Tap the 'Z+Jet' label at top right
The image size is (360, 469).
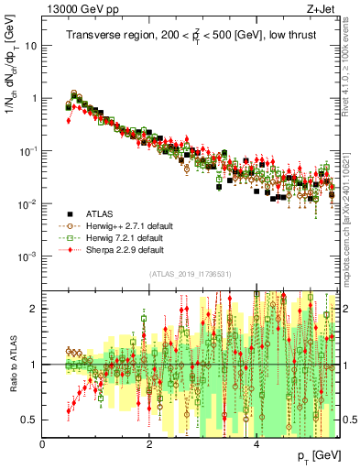click(321, 8)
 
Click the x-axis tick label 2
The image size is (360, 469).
click(150, 444)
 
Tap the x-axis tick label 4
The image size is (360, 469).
click(256, 444)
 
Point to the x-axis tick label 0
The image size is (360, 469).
click(43, 444)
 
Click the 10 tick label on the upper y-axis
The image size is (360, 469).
click(31, 45)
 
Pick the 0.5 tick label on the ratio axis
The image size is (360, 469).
click(30, 420)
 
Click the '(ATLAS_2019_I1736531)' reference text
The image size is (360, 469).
click(190, 275)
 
